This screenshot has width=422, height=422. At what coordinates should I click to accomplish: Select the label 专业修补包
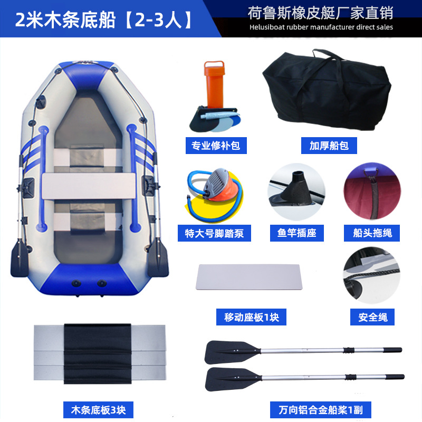tap(216, 145)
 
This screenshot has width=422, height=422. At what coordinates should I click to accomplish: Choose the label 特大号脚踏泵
tap(215, 233)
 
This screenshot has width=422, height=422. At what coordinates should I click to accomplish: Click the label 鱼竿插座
tap(296, 233)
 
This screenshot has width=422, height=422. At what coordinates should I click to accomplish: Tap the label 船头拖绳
tap(372, 233)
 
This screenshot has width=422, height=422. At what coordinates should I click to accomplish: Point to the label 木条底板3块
tap(98, 409)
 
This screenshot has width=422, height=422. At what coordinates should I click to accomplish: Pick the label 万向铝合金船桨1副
tap(303, 409)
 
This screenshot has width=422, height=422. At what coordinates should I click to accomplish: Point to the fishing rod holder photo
tap(296, 191)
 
